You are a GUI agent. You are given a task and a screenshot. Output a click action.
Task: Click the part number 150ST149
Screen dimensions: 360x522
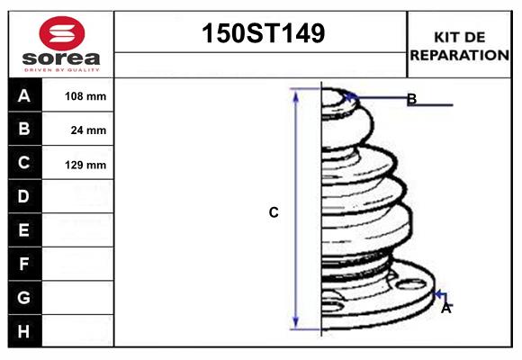(261, 34)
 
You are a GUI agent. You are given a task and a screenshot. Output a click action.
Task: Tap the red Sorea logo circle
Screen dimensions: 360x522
(60, 34)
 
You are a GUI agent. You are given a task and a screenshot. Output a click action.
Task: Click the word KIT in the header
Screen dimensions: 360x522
(446, 37)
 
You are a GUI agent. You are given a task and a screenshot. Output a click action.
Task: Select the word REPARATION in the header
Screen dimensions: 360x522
(460, 54)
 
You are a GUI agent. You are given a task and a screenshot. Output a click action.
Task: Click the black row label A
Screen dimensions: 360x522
(24, 95)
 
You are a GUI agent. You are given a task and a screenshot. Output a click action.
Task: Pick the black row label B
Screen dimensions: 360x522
(24, 129)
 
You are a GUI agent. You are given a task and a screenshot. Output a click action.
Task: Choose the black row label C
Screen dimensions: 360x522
(24, 163)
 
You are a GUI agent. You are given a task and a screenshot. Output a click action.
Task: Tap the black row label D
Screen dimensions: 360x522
(24, 196)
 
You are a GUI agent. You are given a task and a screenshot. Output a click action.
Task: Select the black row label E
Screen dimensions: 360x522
(24, 230)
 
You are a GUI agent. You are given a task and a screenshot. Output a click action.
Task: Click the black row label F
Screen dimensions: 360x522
(24, 264)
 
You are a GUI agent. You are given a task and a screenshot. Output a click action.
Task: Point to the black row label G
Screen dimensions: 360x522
(24, 297)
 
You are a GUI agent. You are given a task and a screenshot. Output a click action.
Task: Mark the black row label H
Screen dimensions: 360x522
(24, 331)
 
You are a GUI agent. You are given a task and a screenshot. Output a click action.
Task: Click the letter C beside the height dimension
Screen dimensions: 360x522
(274, 213)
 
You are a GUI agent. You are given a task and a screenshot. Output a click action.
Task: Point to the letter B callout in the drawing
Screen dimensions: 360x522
(411, 99)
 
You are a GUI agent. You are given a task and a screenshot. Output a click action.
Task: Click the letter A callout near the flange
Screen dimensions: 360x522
(445, 308)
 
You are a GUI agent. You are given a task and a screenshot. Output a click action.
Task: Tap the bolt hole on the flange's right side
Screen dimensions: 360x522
(411, 286)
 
